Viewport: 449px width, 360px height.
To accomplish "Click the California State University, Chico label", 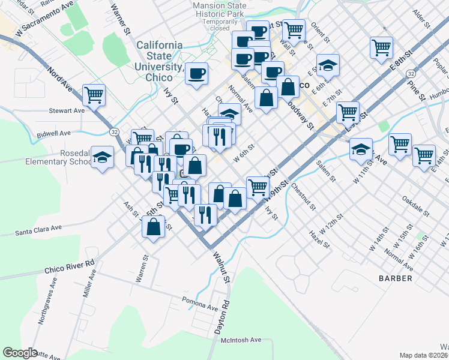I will (x=160, y=61).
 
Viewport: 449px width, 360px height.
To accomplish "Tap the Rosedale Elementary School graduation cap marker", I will (x=103, y=158).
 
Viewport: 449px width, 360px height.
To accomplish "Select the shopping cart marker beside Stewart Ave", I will (x=94, y=95).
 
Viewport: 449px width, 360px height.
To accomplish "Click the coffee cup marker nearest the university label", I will (x=196, y=74).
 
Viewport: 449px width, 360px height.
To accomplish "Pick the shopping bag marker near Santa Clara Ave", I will (x=154, y=227).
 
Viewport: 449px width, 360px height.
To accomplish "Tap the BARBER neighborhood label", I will (x=396, y=278).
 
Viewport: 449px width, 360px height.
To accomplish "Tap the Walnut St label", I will (x=220, y=267).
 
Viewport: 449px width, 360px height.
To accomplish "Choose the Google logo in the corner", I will (x=20, y=352).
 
